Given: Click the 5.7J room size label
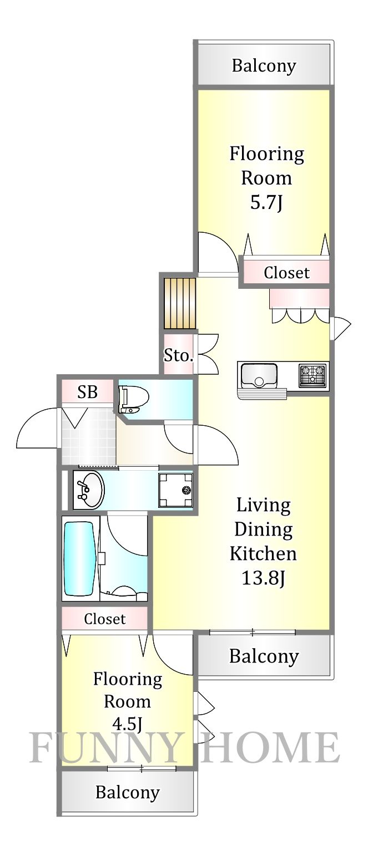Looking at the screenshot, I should [x=266, y=203].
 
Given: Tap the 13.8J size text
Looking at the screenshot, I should [x=263, y=578].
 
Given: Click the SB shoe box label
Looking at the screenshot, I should [x=87, y=393].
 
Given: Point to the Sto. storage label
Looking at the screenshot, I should [x=178, y=355].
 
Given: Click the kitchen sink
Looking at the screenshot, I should [x=258, y=375].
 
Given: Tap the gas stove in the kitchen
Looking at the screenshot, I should [x=313, y=375].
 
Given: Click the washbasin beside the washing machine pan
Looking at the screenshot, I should [x=88, y=490].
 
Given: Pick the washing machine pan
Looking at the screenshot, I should [x=175, y=490].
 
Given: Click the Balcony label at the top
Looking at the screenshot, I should [x=264, y=66].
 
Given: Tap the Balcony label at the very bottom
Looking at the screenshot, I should [x=127, y=792].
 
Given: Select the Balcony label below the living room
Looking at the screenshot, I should [x=264, y=656].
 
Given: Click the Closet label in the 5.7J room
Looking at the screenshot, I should [x=286, y=273].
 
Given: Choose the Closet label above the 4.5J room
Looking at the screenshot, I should [x=105, y=619].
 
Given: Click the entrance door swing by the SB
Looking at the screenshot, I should [x=38, y=430].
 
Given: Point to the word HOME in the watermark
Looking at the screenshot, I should [x=270, y=748].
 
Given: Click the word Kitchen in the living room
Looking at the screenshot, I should [x=263, y=553].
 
